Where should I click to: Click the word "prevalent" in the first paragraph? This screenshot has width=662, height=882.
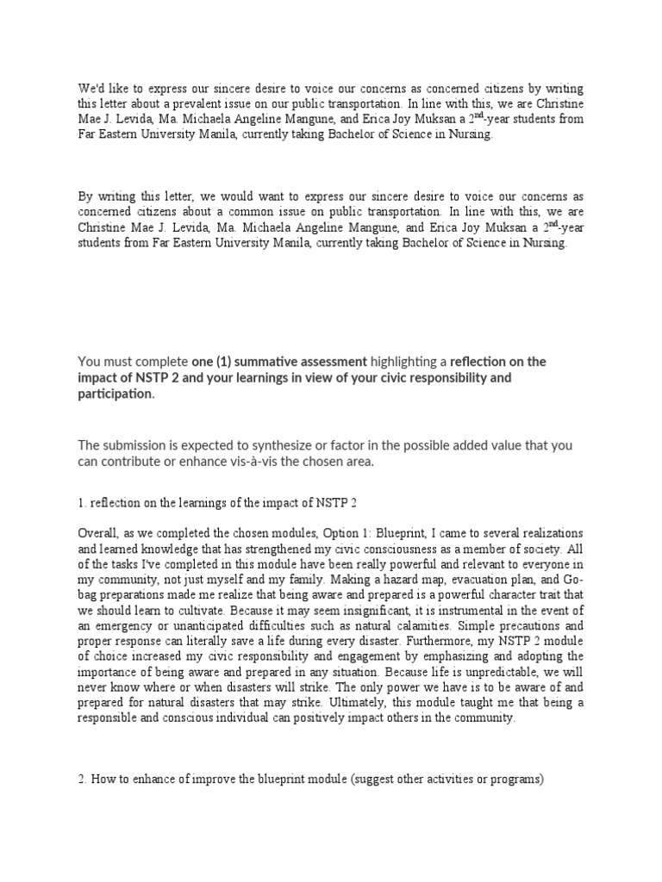coord(231,105)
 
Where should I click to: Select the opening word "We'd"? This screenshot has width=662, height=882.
coord(91,89)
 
